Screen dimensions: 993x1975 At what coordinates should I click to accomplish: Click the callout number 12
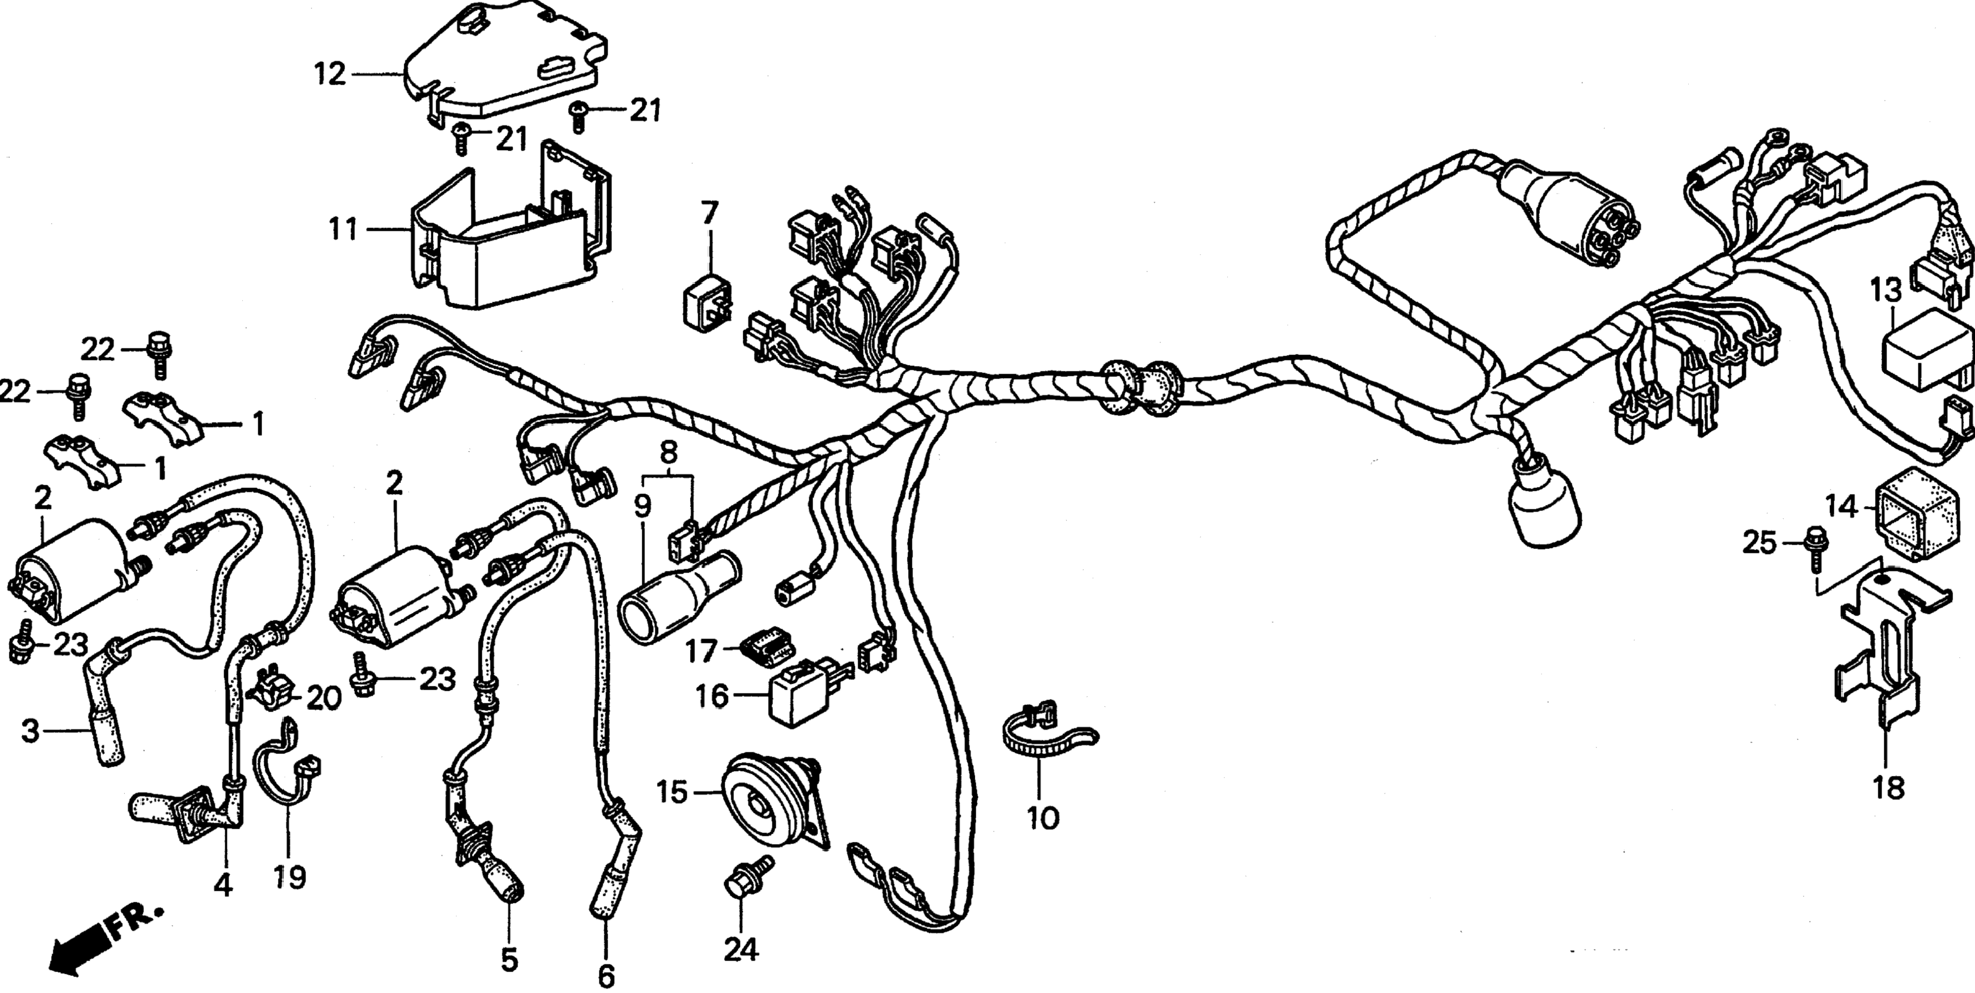(330, 75)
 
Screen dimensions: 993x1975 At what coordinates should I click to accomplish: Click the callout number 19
(291, 876)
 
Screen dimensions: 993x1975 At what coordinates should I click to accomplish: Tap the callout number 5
(510, 959)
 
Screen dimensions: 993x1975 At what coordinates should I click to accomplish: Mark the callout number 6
(606, 975)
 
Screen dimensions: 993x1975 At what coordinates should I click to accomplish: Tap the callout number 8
(669, 452)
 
